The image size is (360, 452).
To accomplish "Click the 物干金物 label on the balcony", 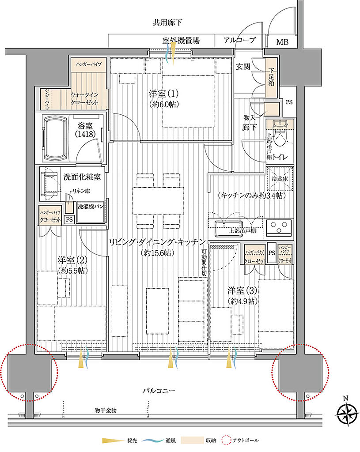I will pos(105,411).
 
